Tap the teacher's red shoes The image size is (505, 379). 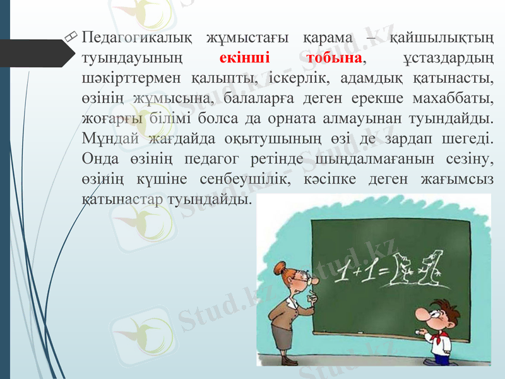288,361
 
